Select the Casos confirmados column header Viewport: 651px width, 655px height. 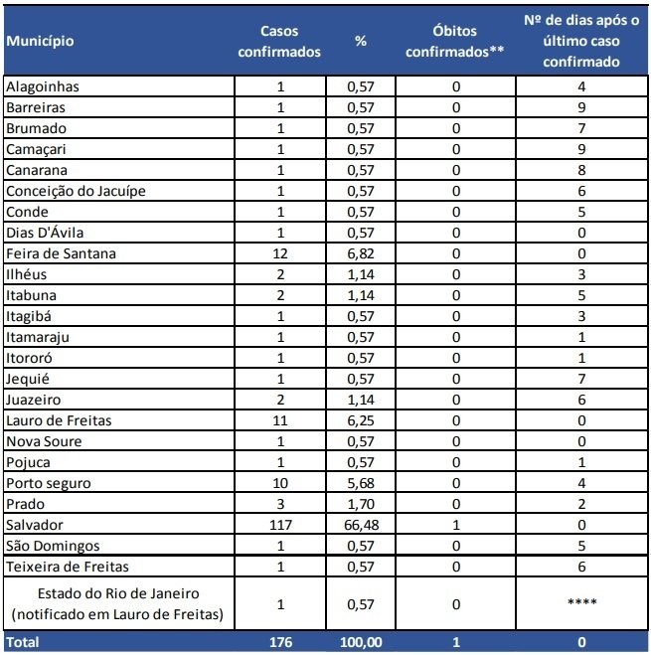[280, 41]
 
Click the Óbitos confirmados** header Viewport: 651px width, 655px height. [456, 41]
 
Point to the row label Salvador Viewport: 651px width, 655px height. [34, 525]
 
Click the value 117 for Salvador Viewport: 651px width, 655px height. [280, 525]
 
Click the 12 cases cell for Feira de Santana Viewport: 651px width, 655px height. [280, 253]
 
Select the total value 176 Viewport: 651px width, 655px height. [280, 643]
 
